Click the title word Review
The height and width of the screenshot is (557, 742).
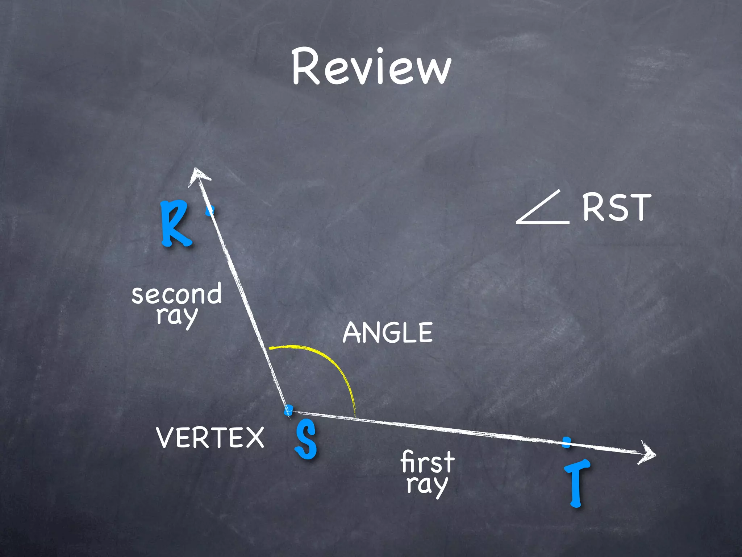[371, 67]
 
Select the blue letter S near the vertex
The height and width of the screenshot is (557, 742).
[307, 439]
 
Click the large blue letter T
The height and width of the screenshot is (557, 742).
[576, 483]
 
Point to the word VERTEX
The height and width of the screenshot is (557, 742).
[210, 437]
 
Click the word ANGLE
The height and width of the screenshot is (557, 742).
[388, 333]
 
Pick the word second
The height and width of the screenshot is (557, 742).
[176, 294]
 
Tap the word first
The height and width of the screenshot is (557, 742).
[428, 462]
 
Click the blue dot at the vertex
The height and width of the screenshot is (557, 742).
[288, 410]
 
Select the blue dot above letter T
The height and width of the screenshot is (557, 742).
[567, 442]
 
